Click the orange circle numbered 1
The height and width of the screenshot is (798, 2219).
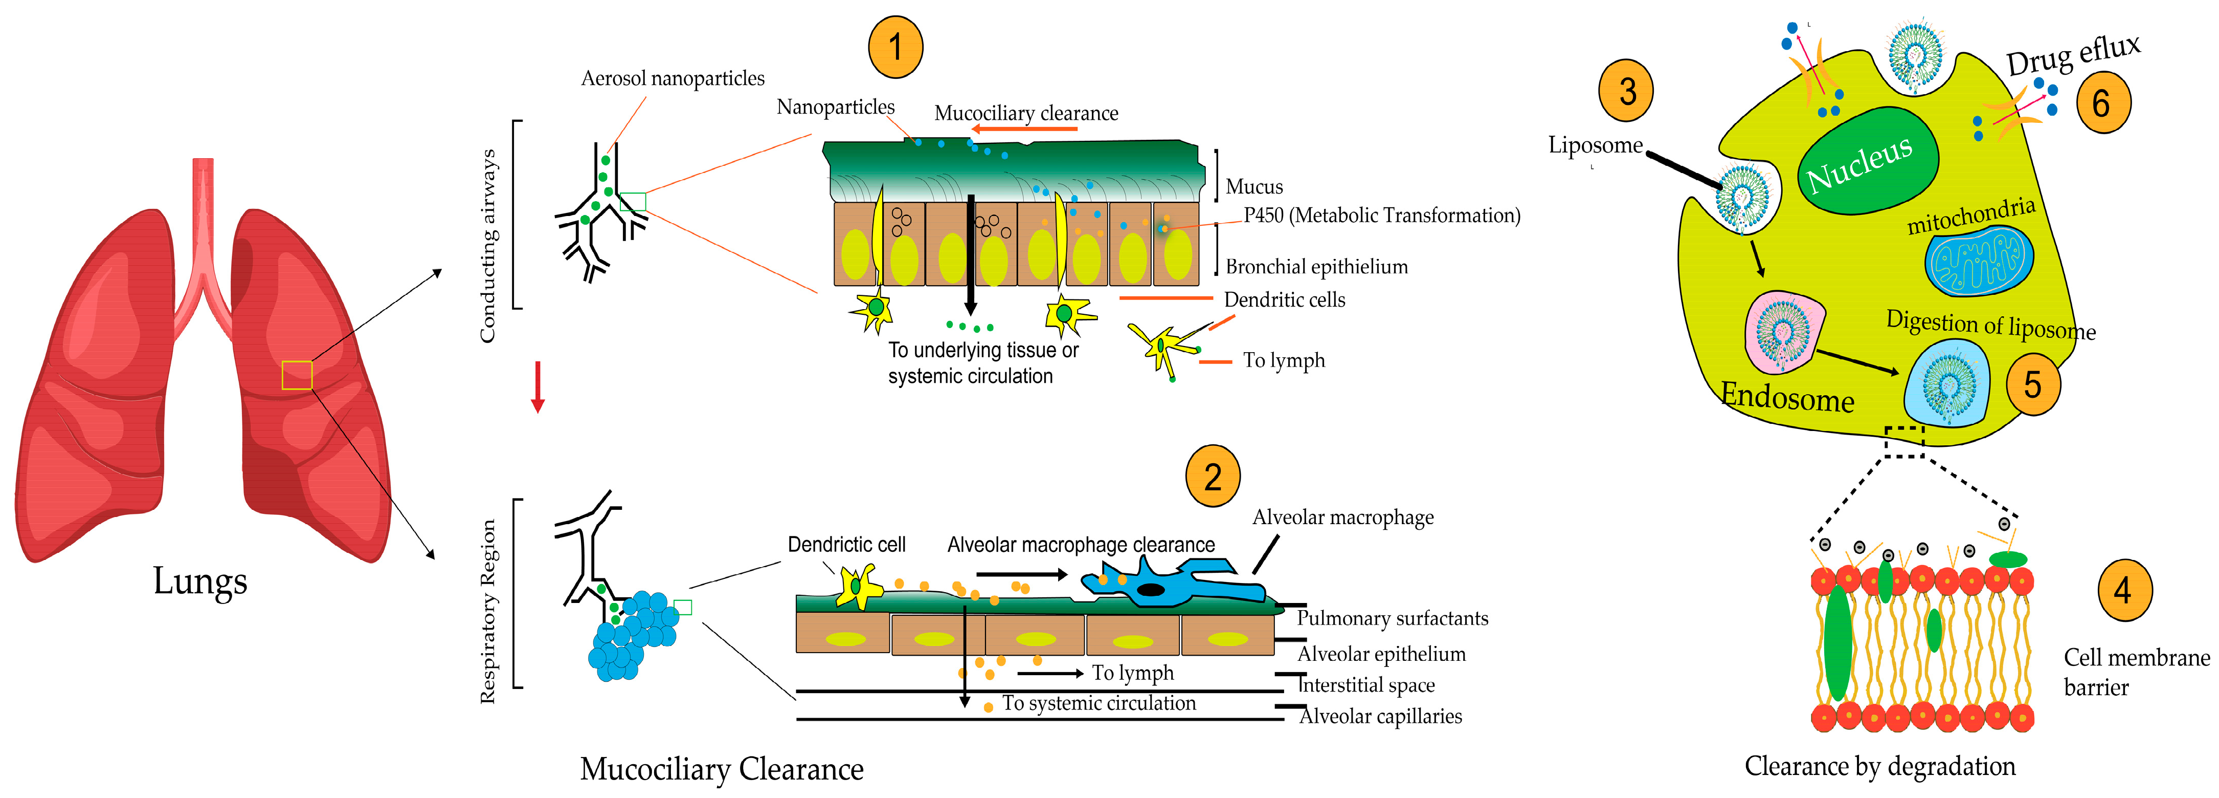[x=895, y=48]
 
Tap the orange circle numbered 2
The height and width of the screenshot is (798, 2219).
[x=1212, y=476]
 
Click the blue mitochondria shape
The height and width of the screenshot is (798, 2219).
[x=1979, y=260]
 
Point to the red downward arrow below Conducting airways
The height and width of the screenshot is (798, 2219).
[x=537, y=386]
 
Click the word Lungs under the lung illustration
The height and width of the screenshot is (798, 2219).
[x=200, y=581]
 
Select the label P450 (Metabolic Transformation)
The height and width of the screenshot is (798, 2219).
[x=1381, y=215]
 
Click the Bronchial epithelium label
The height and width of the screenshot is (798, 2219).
[x=1315, y=267]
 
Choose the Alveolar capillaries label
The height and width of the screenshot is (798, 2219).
[x=1380, y=716]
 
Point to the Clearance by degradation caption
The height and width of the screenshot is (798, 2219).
[x=1879, y=766]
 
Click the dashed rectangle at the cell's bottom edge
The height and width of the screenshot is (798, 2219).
[x=1904, y=441]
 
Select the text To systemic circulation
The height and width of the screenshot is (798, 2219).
[x=1099, y=703]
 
